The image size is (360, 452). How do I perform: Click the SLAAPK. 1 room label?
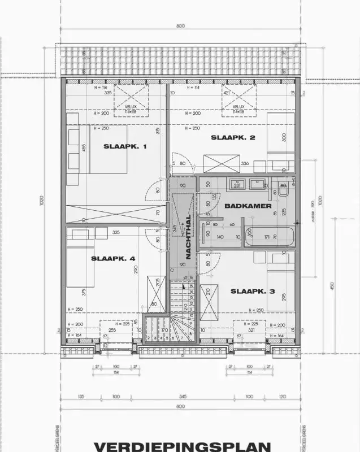click(x=125, y=146)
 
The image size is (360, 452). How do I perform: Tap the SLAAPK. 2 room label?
click(x=233, y=137)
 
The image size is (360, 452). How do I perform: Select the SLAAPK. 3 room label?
click(x=252, y=292)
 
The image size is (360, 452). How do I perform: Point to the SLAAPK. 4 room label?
click(x=113, y=258)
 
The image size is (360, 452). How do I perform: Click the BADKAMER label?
click(x=248, y=206)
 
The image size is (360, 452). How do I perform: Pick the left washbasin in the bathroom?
click(x=238, y=184)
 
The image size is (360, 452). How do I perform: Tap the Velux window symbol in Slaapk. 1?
click(x=132, y=101)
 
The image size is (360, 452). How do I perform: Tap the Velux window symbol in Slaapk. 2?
click(x=238, y=101)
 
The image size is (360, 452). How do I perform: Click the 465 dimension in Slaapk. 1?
click(x=68, y=149)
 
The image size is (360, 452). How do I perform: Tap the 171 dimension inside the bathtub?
click(x=267, y=237)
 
